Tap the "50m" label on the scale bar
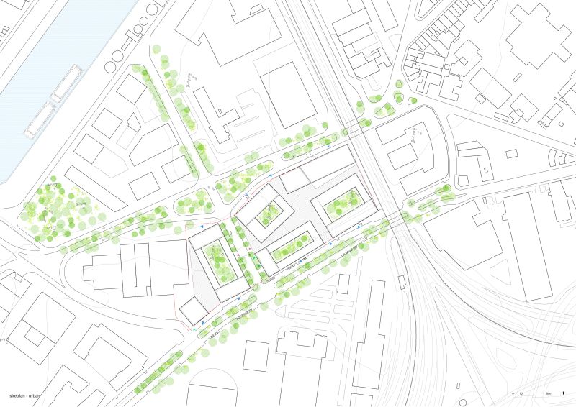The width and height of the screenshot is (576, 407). click(549, 393)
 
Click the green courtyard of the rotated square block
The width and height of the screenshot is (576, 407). click(269, 214)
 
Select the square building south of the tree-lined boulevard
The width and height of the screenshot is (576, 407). click(256, 355)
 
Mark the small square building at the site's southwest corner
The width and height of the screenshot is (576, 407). click(190, 311)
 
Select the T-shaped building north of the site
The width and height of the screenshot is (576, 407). click(216, 115)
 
